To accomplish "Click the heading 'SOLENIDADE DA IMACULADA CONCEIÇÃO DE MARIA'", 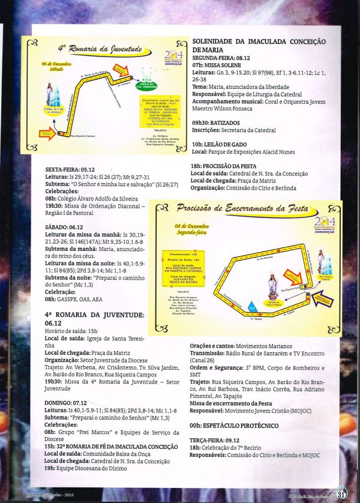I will [259, 46].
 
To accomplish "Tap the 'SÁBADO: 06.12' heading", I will [64, 227].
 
